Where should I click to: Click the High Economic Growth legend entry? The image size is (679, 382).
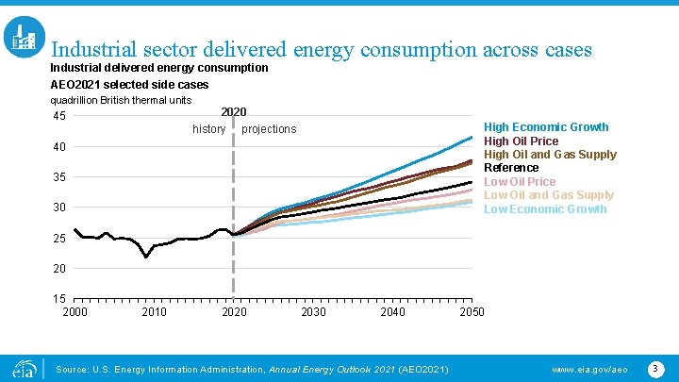(x=546, y=126)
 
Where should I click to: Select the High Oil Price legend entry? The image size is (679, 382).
(x=521, y=141)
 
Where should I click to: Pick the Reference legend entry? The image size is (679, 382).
(x=511, y=168)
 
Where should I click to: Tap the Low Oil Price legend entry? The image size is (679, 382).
(x=520, y=181)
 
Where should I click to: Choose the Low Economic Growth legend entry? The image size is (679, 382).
(x=545, y=208)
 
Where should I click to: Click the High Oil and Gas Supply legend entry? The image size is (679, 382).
(x=550, y=154)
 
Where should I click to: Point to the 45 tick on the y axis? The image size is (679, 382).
(x=58, y=117)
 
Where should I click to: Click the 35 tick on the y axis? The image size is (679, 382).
(x=58, y=177)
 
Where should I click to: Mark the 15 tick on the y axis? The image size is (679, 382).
(x=58, y=299)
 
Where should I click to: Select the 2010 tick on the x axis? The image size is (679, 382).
(x=155, y=312)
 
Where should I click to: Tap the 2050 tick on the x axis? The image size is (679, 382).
(x=472, y=312)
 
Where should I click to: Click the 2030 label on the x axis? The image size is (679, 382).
(x=313, y=312)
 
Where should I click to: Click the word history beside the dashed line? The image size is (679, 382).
(x=208, y=128)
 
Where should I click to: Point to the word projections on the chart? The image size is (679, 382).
(x=269, y=129)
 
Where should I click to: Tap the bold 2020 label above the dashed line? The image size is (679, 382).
(x=233, y=112)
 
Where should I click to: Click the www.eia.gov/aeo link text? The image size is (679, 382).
(x=589, y=368)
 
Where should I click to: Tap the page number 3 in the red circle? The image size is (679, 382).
(x=656, y=366)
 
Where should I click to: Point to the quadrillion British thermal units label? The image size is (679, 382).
(x=121, y=100)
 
